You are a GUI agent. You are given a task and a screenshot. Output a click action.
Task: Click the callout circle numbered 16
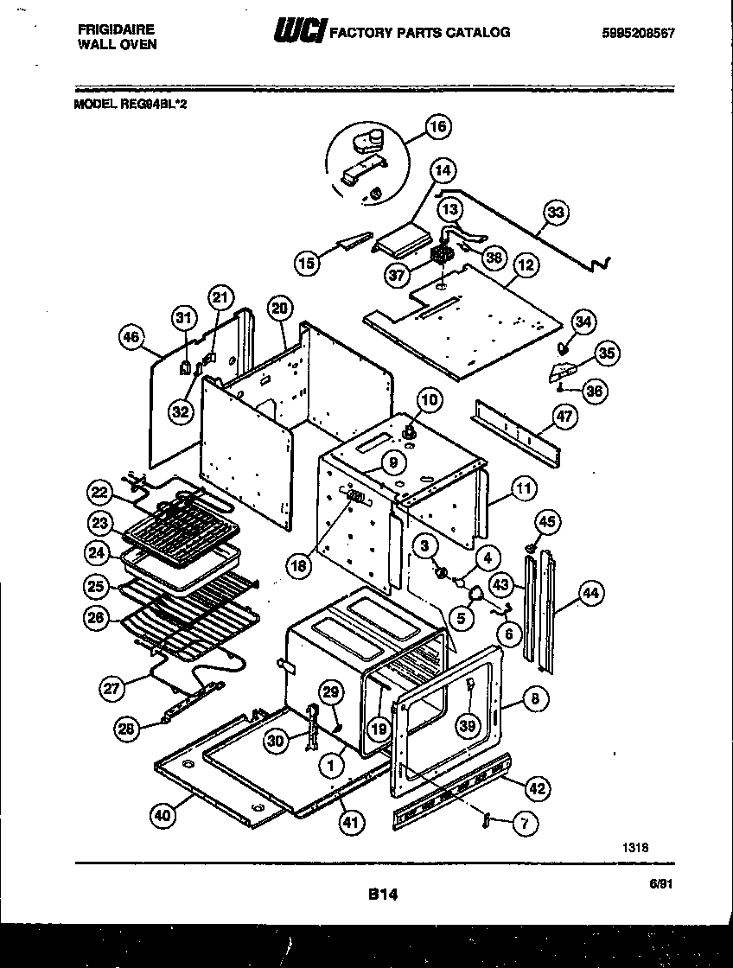pyautogui.click(x=438, y=127)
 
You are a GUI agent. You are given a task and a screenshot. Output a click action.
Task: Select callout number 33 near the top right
pyautogui.click(x=558, y=213)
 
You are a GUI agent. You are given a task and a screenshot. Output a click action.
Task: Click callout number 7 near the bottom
pyautogui.click(x=525, y=824)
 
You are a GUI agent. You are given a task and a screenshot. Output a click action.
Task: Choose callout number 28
pyautogui.click(x=128, y=729)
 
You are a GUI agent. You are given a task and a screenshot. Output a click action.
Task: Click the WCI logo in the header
pyautogui.click(x=298, y=33)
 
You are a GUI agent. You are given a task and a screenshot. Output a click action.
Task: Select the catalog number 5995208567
pyautogui.click(x=638, y=34)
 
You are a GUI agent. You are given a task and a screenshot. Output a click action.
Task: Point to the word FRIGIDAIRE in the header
pyautogui.click(x=111, y=29)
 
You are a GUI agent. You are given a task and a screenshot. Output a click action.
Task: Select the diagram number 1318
pyautogui.click(x=634, y=848)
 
